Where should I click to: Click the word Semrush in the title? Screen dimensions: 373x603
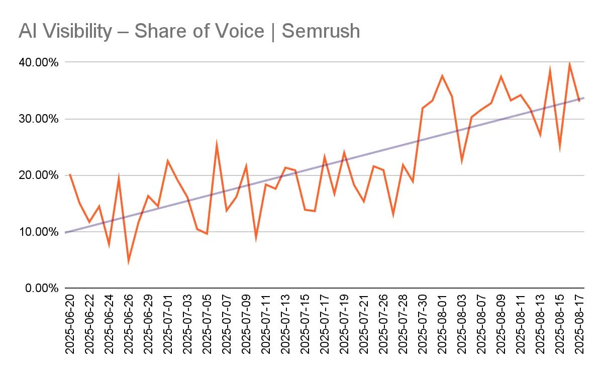click(321, 31)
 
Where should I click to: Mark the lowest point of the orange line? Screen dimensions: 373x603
click(129, 261)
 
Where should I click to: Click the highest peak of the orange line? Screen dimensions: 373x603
click(569, 63)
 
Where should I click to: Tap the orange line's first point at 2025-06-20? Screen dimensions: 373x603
click(69, 174)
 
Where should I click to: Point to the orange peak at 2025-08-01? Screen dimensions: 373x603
click(442, 76)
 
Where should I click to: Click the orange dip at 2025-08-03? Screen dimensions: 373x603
click(461, 161)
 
